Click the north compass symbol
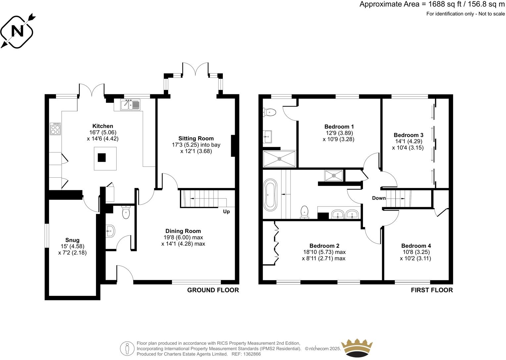(x=18, y=31)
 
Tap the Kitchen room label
(x=103, y=126)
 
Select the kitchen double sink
(x=127, y=105)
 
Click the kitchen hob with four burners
(x=55, y=129)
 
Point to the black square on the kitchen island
(x=102, y=158)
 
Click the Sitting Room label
(x=196, y=138)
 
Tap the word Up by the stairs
(x=227, y=211)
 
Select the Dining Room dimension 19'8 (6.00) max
(x=183, y=238)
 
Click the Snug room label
(x=72, y=240)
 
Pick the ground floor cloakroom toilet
(x=126, y=212)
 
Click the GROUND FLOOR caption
(x=213, y=290)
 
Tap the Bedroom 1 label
(x=339, y=126)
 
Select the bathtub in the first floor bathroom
(x=271, y=195)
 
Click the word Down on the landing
(x=379, y=198)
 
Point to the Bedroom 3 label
(x=408, y=135)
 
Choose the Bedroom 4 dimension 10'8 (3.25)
(x=416, y=252)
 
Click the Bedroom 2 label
(x=324, y=246)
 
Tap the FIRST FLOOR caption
(x=431, y=290)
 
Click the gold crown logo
(x=357, y=348)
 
